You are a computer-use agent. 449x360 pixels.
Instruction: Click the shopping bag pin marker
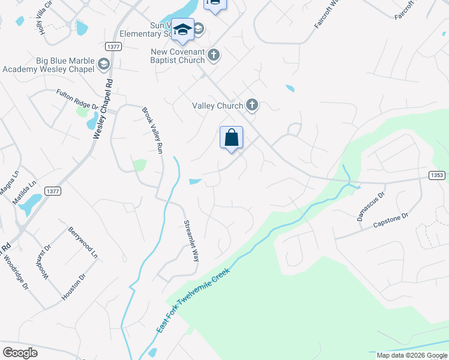pos(231,139)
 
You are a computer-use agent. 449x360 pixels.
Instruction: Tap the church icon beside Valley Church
pos(252,106)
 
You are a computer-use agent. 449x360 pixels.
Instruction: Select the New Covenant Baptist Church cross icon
pos(213,56)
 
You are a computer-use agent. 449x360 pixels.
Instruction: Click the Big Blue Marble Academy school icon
pos(104,64)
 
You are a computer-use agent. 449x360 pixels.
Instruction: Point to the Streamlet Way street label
pos(191,241)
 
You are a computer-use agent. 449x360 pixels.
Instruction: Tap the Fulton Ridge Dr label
pos(77,99)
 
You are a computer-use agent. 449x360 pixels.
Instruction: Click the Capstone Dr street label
pos(390,220)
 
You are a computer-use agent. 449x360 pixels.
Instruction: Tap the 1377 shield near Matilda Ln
pos(52,191)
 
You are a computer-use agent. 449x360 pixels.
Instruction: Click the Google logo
pos(20,352)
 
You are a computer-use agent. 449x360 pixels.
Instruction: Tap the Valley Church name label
pos(217,106)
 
